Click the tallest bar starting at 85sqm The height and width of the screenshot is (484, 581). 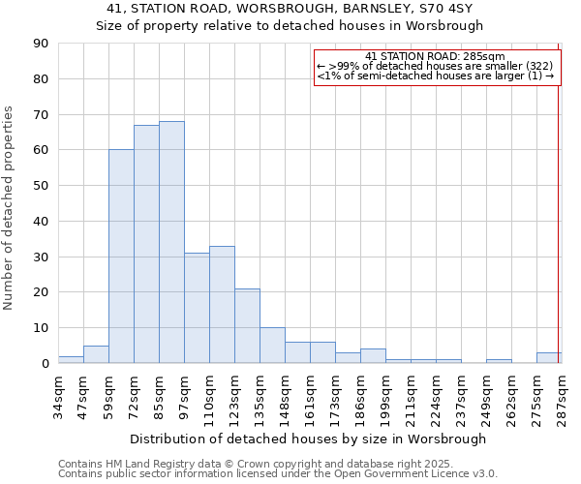click(171, 242)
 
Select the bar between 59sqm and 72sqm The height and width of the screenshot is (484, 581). click(121, 257)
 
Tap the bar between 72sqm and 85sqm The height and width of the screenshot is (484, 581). click(146, 244)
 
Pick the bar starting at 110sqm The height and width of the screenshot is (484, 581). click(222, 304)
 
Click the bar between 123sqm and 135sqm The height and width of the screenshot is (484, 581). click(247, 325)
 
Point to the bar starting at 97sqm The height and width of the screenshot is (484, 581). click(197, 308)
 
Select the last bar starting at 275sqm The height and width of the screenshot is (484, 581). click(548, 357)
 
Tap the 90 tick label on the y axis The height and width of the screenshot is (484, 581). click(41, 44)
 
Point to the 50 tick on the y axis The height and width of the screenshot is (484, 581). click(41, 186)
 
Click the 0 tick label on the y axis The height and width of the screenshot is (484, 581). click(45, 363)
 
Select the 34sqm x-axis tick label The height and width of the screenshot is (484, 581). click(58, 396)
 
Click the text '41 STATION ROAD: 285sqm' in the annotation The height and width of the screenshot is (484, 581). click(436, 56)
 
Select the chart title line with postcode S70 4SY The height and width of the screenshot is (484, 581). click(289, 9)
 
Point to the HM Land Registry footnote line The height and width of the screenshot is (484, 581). click(262, 465)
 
